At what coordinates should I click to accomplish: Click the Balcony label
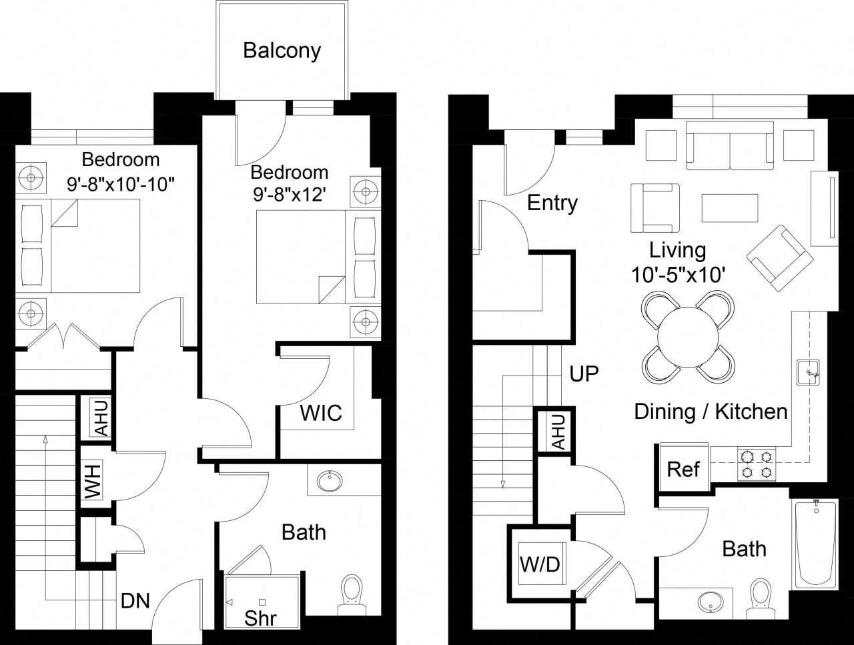tap(282, 51)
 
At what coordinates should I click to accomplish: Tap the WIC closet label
tap(320, 413)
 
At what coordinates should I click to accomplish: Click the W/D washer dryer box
tap(540, 564)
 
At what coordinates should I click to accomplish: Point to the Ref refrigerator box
tap(683, 469)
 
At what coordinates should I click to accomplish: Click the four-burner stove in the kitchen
tap(757, 464)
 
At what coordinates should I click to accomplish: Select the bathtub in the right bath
tap(815, 544)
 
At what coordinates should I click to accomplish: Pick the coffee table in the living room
tap(729, 207)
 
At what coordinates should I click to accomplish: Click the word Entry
tap(552, 203)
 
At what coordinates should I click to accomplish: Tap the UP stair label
tap(584, 374)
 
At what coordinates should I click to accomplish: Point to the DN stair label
tap(135, 601)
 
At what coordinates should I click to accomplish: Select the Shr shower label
tap(260, 617)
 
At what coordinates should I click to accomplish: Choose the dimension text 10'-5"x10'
tap(678, 274)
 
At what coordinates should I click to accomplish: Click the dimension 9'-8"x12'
tap(290, 195)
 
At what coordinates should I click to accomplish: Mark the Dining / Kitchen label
tap(711, 412)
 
